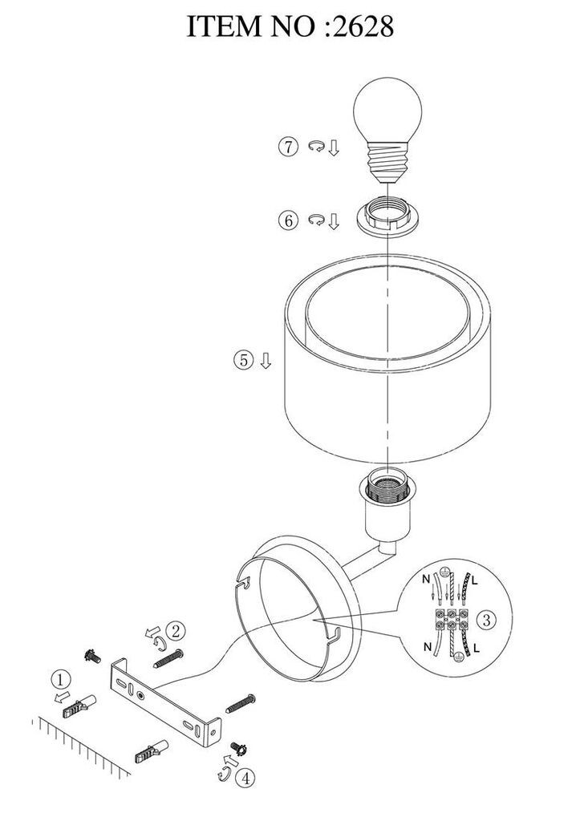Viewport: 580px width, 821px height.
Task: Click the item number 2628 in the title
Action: [363, 26]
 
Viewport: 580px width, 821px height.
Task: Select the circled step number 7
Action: [288, 147]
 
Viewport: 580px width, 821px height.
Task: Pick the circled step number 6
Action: [288, 220]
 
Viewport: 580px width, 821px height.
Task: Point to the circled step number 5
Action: [243, 360]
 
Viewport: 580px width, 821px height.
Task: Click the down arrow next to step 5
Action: [266, 360]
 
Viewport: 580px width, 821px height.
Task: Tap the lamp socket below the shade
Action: [387, 507]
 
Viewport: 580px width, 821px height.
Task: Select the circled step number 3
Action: [487, 620]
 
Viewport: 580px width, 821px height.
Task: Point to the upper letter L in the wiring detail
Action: [475, 580]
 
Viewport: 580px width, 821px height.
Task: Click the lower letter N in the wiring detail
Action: [428, 647]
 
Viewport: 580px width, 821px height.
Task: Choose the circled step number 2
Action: [176, 630]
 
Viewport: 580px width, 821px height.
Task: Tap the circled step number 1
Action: [61, 680]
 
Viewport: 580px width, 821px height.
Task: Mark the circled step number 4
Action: [245, 778]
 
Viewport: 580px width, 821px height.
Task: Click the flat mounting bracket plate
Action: [165, 702]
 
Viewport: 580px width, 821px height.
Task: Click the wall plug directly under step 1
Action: [79, 707]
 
